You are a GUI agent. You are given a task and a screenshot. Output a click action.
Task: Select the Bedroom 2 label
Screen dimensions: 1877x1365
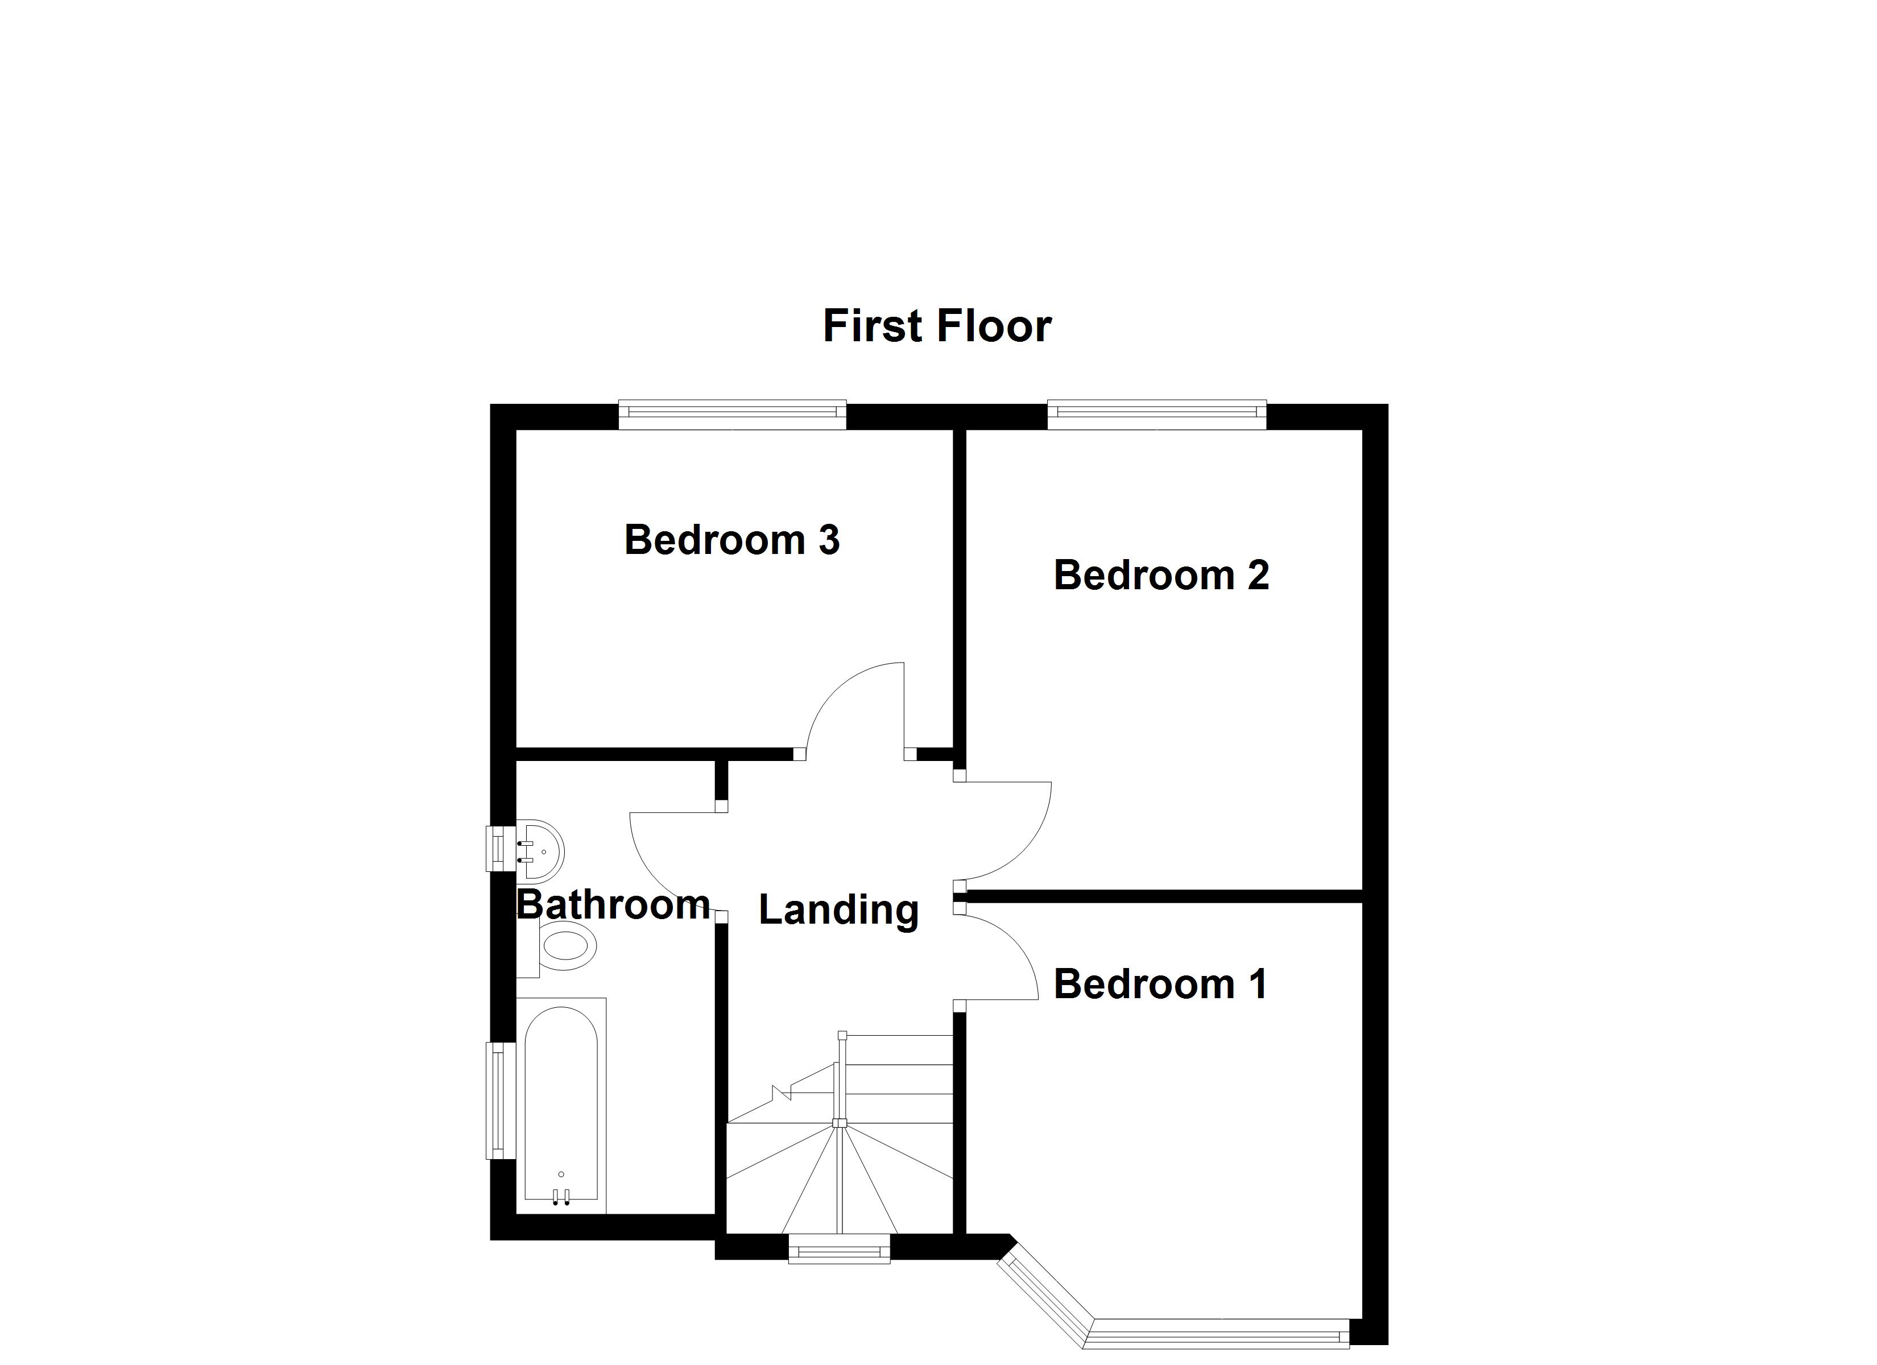[1161, 576]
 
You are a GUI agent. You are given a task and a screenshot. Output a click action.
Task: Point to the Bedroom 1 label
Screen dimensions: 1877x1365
[1160, 985]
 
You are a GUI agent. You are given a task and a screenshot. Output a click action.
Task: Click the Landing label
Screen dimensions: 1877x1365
[838, 910]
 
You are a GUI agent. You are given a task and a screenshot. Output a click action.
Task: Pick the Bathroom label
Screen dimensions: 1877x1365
[613, 905]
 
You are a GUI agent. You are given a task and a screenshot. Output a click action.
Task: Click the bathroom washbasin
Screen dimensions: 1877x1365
[540, 850]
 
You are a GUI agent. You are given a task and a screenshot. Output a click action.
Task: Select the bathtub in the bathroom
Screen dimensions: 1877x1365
[561, 1106]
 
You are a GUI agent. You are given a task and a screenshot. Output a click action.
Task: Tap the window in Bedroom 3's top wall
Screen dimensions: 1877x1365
[733, 414]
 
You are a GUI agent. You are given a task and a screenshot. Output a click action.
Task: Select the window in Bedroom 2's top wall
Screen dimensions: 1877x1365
[1157, 414]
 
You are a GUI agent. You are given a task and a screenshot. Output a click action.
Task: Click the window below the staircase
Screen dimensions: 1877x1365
[839, 1249]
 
